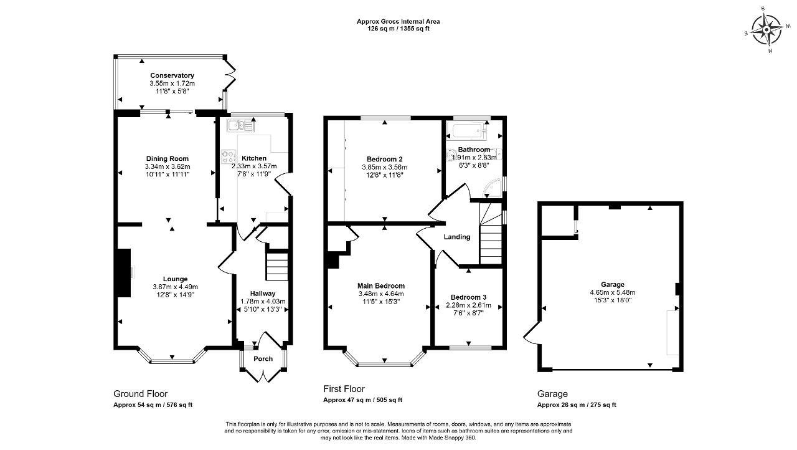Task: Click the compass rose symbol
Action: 766,29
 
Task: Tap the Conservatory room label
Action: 172,75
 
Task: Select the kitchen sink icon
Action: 241,126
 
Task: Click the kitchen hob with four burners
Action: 229,157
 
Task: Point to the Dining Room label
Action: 167,159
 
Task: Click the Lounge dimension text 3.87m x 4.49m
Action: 176,287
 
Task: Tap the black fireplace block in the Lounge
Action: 124,273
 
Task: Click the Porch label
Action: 263,359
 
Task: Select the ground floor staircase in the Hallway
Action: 277,266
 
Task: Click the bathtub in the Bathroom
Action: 466,130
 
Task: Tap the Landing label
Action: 457,237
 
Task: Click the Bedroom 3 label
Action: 469,297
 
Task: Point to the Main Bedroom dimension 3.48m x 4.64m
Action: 381,294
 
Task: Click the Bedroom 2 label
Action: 385,159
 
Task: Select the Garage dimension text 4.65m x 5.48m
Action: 613,293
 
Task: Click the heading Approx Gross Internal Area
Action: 398,21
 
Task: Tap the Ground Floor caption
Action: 141,394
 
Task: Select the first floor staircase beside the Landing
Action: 491,234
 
